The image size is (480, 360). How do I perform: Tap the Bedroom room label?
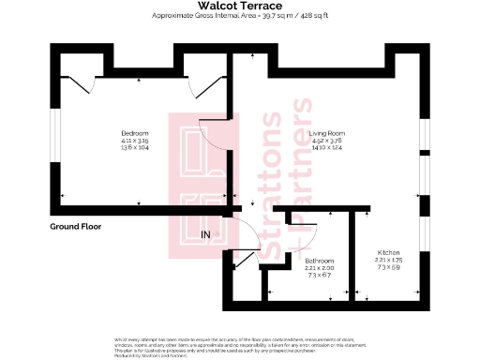click(135, 134)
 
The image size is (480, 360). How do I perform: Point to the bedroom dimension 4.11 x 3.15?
click(135, 142)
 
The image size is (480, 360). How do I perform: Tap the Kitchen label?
click(388, 254)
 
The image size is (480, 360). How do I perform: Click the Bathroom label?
click(321, 260)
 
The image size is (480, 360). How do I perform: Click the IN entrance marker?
click(206, 233)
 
